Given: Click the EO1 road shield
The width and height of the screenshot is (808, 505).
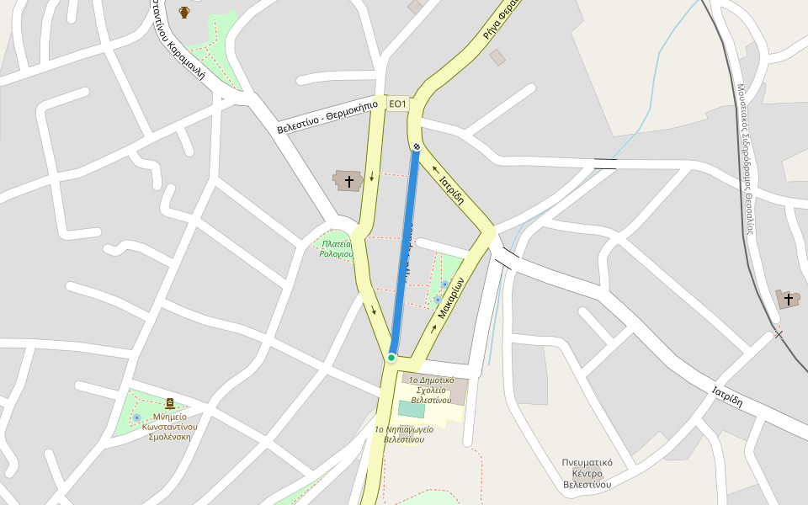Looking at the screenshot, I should click(x=397, y=104).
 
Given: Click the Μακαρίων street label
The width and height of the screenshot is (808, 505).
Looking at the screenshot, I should click(x=451, y=298).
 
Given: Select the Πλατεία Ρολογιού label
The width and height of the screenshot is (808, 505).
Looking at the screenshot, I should click(x=336, y=249).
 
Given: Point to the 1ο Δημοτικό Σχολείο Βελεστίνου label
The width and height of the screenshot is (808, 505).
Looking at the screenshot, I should click(x=431, y=390).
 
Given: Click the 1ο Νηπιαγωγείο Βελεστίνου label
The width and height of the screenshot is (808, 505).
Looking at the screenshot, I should click(x=404, y=434).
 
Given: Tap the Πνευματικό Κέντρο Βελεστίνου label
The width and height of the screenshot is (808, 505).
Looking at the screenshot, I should click(x=587, y=473).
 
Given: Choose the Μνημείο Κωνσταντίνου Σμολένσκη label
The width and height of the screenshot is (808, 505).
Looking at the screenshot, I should click(x=169, y=426).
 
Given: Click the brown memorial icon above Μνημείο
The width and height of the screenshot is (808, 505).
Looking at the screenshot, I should click(x=170, y=404).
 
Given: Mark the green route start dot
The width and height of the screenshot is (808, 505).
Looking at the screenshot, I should click(x=391, y=358).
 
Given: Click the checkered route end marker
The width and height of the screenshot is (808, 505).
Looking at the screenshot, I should click(x=417, y=147).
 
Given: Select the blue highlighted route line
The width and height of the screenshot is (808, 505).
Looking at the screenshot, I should click(x=404, y=252).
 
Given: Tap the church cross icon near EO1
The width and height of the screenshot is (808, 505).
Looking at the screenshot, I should click(x=348, y=181).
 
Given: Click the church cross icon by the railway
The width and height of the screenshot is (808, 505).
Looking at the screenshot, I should click(x=788, y=299).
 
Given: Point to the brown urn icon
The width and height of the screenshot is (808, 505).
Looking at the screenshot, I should click(x=184, y=12).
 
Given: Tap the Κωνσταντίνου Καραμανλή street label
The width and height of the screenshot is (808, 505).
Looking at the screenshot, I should click(x=178, y=38).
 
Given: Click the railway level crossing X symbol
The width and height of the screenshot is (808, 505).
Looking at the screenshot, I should click(x=779, y=335).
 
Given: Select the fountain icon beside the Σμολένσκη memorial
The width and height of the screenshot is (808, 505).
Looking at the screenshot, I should click(x=136, y=417).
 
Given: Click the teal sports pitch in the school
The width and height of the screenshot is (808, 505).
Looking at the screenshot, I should click(x=412, y=409).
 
